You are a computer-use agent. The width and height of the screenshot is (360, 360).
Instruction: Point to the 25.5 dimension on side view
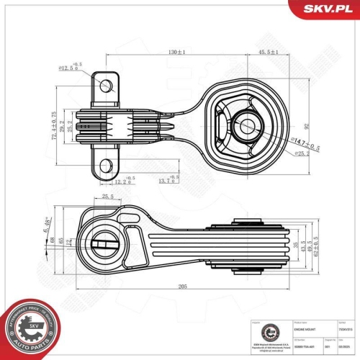(108, 197)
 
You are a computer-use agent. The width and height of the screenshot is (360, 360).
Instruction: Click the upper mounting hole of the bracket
(107, 86)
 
